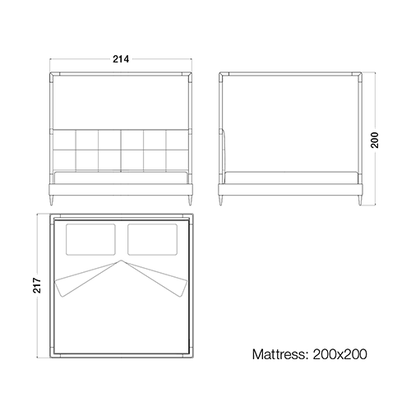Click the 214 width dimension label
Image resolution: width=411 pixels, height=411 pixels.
(x=121, y=59)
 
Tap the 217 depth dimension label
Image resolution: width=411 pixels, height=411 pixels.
(x=37, y=285)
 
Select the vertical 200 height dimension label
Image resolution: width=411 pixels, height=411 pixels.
(x=375, y=140)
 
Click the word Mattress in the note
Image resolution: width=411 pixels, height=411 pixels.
(x=279, y=354)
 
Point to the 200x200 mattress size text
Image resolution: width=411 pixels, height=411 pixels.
(x=339, y=354)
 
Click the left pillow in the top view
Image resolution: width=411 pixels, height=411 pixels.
(x=90, y=239)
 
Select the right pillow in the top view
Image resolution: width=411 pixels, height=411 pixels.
(x=152, y=239)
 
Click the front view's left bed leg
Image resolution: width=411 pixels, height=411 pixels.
(x=51, y=200)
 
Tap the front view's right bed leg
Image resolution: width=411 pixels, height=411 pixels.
(x=190, y=200)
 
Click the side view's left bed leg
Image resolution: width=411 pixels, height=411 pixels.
(x=221, y=200)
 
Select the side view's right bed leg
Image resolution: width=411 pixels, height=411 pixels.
(x=360, y=200)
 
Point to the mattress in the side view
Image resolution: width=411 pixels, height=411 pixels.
(x=291, y=178)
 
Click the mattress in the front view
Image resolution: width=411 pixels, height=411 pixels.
(x=121, y=178)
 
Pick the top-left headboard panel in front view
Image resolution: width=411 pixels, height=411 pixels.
(x=64, y=140)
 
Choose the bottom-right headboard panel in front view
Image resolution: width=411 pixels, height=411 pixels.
(x=177, y=161)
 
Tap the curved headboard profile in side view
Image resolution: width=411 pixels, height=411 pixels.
(x=224, y=155)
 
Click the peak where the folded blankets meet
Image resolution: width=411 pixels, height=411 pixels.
(x=121, y=260)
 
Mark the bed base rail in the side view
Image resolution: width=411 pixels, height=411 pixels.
(x=290, y=190)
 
